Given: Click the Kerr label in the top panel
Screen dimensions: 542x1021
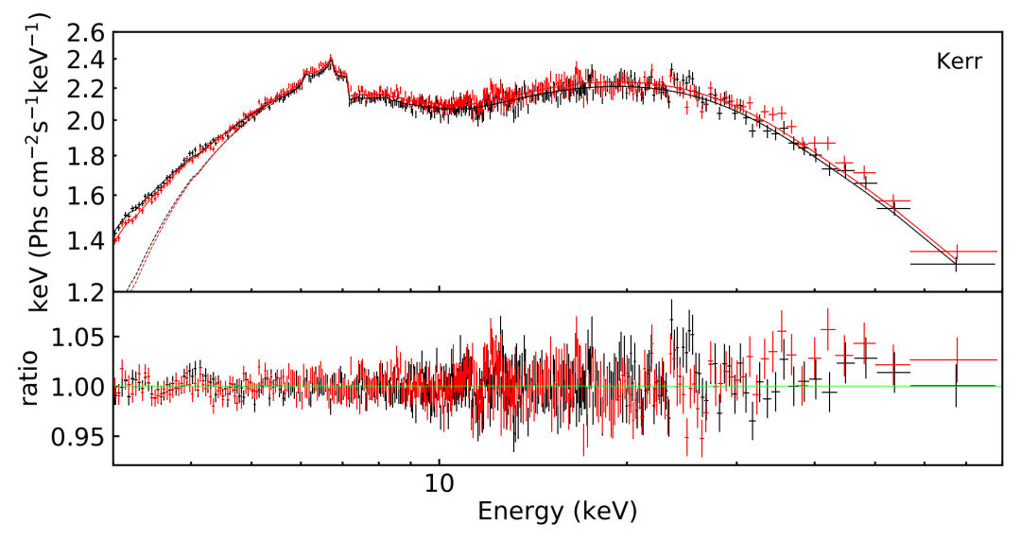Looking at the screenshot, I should coord(959,62).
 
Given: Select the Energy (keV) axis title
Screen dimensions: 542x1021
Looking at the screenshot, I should coord(557,513).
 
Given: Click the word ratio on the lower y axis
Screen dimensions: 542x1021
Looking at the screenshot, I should coord(31,378).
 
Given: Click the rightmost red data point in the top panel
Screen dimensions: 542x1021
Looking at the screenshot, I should coord(956,252).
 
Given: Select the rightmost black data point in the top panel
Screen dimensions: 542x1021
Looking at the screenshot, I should coord(956,264).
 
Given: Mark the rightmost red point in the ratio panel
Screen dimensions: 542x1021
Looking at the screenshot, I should coord(956,359).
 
